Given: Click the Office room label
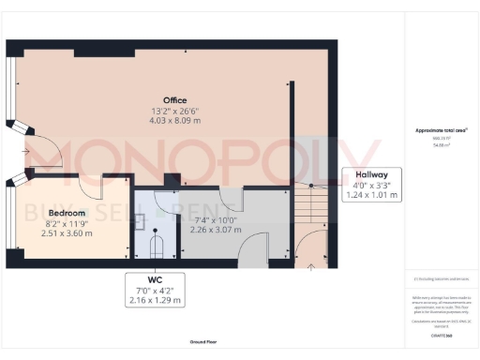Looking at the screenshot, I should pos(175,100).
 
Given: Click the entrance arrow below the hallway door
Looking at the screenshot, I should pos(310,267).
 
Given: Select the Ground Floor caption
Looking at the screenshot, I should pos(203,344).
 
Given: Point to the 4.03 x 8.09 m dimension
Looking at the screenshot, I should pos(175,120).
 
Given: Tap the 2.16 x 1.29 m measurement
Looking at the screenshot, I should pos(156,300).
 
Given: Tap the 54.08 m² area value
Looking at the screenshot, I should pos(441,144).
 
